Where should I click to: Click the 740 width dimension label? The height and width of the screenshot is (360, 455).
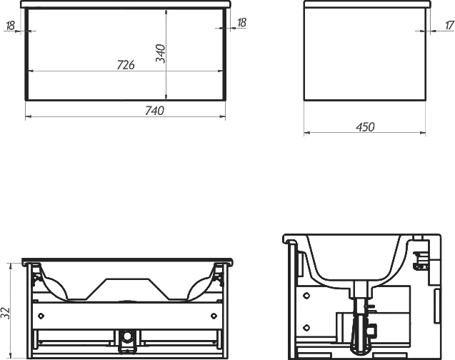point(155,111)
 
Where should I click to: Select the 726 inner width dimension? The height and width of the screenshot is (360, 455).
point(126,65)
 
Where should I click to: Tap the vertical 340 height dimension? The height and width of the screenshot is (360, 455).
point(161,54)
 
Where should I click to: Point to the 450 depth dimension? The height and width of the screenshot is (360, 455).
point(365,126)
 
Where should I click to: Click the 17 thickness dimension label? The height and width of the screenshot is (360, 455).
point(449,25)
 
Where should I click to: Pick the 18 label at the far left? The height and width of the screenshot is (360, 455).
point(10,26)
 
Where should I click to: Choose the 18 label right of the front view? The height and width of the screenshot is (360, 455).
point(241,22)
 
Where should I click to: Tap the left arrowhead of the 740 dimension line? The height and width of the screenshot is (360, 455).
point(28,116)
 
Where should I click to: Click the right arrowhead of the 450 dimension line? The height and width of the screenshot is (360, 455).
point(423,133)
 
